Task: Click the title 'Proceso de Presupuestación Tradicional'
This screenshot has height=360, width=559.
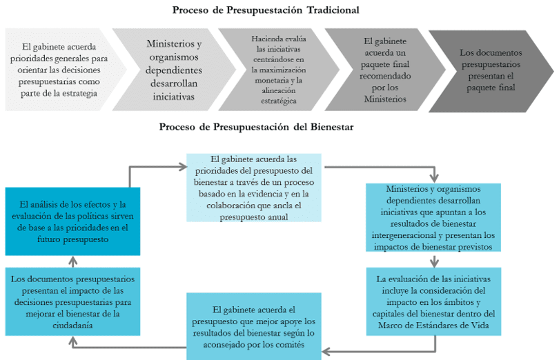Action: (266, 10)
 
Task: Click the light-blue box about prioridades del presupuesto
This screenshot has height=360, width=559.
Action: (255, 187)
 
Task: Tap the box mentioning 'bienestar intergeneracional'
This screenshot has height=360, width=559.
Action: (434, 218)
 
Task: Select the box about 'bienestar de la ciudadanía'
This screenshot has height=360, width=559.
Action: (72, 301)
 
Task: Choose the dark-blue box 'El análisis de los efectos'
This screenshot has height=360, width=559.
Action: (72, 221)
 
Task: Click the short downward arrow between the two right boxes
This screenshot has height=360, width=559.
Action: (434, 261)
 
